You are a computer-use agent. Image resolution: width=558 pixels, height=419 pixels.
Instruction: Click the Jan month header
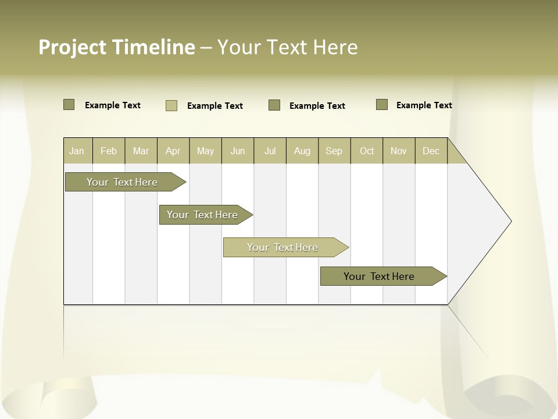pyautogui.click(x=77, y=151)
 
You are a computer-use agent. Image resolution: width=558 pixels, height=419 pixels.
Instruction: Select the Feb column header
pyautogui.click(x=109, y=151)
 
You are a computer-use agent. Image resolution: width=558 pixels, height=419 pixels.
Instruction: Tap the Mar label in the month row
pyautogui.click(x=141, y=151)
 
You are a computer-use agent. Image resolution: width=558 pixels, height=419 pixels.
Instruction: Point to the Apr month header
pyautogui.click(x=173, y=151)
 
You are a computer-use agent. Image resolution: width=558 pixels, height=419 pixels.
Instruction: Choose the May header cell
pyautogui.click(x=205, y=151)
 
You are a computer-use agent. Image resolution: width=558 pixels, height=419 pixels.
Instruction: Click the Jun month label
pyautogui.click(x=238, y=151)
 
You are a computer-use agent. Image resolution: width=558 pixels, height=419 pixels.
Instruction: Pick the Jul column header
pyautogui.click(x=270, y=151)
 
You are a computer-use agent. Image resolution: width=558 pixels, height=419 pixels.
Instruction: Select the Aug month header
pyautogui.click(x=302, y=151)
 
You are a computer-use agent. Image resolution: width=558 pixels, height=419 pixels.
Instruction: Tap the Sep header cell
pyautogui.click(x=334, y=151)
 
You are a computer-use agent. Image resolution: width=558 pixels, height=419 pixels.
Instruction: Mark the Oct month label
pyautogui.click(x=367, y=151)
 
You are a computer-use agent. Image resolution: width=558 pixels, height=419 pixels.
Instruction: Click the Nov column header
pyautogui.click(x=399, y=151)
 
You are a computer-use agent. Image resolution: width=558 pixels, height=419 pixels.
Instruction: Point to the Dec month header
pyautogui.click(x=431, y=151)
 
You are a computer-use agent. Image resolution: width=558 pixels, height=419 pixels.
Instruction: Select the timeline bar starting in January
pyautogui.click(x=122, y=182)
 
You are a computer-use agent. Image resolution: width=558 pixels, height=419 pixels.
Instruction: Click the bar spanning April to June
pyautogui.click(x=202, y=215)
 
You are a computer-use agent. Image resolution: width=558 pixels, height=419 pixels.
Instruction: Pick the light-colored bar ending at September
pyautogui.click(x=282, y=247)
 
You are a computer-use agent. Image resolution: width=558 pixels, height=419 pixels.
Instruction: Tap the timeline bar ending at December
pyautogui.click(x=379, y=276)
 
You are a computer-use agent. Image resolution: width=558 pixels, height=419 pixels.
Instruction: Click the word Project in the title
pyautogui.click(x=73, y=47)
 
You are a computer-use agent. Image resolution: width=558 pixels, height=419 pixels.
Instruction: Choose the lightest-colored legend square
pyautogui.click(x=171, y=105)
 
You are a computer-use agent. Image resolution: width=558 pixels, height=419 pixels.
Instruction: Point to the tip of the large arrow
pyautogui.click(x=510, y=221)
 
